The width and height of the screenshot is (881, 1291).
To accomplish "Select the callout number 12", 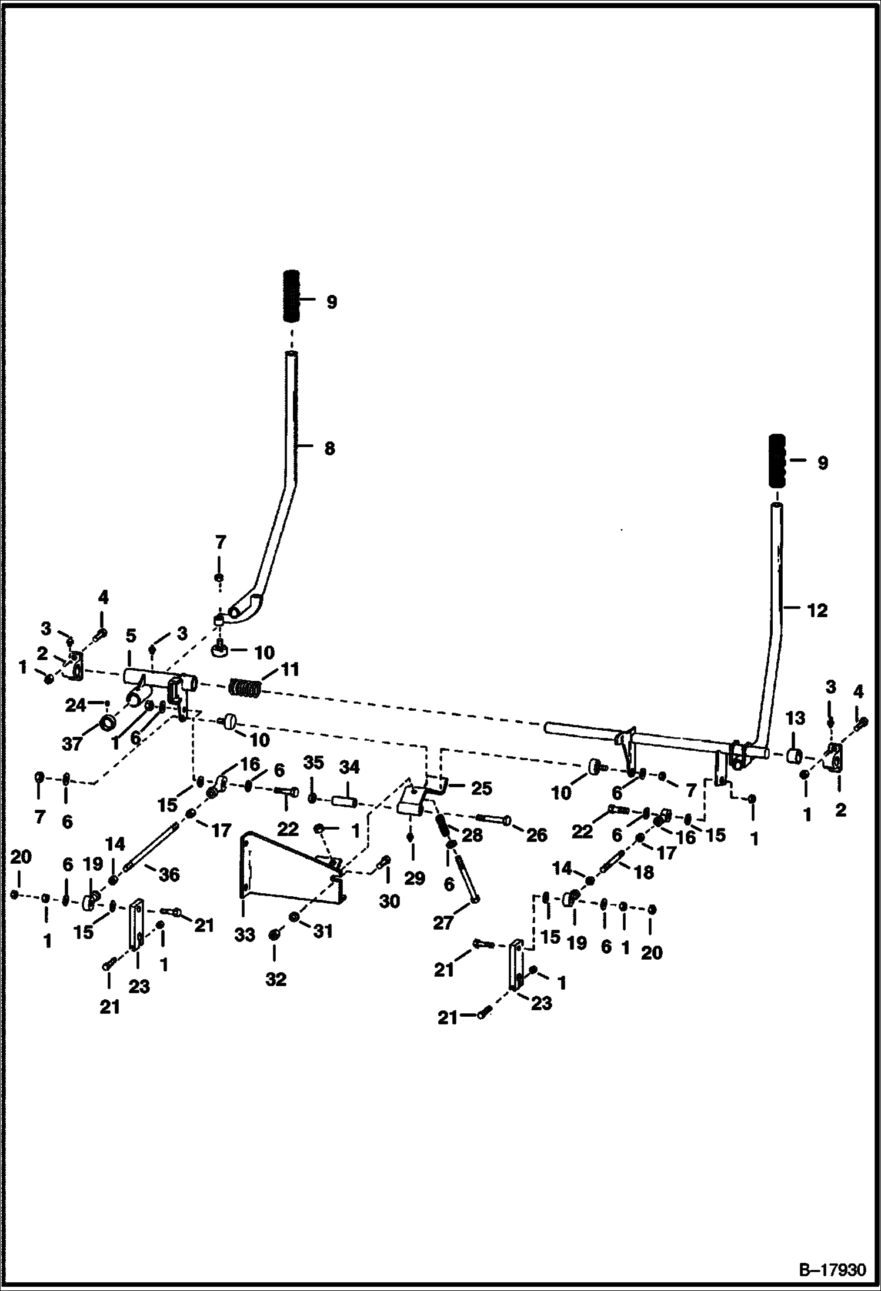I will click(x=817, y=610).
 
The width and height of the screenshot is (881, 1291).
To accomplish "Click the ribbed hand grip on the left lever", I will click(x=292, y=296).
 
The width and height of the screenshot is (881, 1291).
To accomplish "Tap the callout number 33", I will click(x=245, y=934).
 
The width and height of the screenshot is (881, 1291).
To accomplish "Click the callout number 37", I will click(x=72, y=744).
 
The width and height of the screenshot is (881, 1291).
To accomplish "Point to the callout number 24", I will click(x=75, y=705).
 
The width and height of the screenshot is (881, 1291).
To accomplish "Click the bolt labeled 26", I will click(x=493, y=819).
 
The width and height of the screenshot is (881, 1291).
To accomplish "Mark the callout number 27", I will click(x=443, y=923).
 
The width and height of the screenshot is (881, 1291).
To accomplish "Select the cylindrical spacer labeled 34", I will click(x=345, y=802).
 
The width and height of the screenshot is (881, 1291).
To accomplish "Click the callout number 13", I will click(x=795, y=718).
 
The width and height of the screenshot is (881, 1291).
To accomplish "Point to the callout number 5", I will click(x=131, y=635).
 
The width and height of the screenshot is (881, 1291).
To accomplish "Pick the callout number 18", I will click(x=644, y=872).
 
